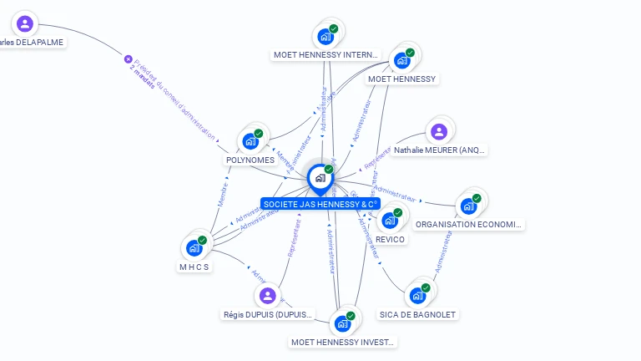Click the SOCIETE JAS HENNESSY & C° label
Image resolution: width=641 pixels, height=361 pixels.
320,204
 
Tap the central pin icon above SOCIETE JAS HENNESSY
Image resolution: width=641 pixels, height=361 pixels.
320,177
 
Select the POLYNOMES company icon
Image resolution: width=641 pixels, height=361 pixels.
250,141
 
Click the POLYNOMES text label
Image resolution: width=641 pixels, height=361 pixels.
250,160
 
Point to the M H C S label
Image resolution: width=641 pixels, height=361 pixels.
194,267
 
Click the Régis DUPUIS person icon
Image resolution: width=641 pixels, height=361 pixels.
267,295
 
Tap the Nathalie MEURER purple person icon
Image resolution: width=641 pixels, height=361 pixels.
438,131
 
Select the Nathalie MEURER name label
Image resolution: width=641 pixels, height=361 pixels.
440,150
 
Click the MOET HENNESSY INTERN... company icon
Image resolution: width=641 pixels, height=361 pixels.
325,37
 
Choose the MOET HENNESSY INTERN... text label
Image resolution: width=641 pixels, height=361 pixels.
326,55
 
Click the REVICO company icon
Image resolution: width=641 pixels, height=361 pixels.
389,221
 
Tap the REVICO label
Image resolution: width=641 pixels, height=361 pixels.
390,239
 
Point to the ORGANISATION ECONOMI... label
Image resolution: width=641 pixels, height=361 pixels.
469,224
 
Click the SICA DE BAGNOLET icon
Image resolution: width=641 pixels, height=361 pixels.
417,295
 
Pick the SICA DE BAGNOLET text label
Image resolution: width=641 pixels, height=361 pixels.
418,314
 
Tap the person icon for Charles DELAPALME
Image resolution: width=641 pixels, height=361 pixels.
25,23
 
